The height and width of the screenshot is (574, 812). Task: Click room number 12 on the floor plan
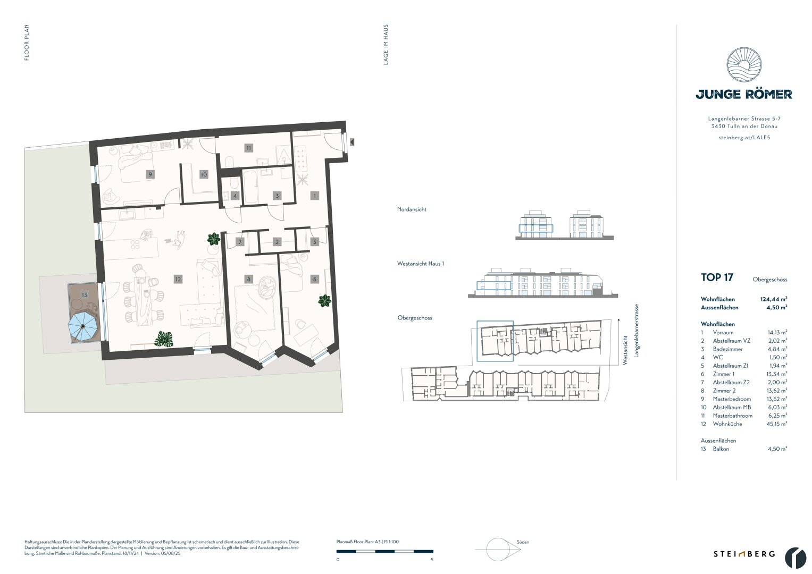(178, 279)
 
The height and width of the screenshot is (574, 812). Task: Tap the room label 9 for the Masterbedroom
(150, 174)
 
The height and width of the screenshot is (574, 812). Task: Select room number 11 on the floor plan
(248, 148)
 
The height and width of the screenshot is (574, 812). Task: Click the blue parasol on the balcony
(82, 326)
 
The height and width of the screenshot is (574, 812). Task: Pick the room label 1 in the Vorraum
(314, 196)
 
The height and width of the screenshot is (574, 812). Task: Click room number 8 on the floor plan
(248, 279)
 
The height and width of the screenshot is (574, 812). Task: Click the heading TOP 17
(717, 277)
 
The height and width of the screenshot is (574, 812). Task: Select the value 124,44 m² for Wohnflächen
(774, 299)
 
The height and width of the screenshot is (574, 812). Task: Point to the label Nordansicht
(412, 209)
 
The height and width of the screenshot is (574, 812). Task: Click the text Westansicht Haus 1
(420, 264)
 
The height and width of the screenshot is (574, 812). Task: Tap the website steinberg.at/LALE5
(743, 137)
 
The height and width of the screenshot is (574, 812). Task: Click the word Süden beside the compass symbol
(523, 542)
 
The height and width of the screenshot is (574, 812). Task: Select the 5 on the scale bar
(432, 560)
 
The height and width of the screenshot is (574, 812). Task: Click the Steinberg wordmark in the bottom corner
(743, 554)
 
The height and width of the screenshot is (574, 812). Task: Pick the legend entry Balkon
(721, 449)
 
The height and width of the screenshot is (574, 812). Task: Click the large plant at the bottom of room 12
(164, 338)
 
